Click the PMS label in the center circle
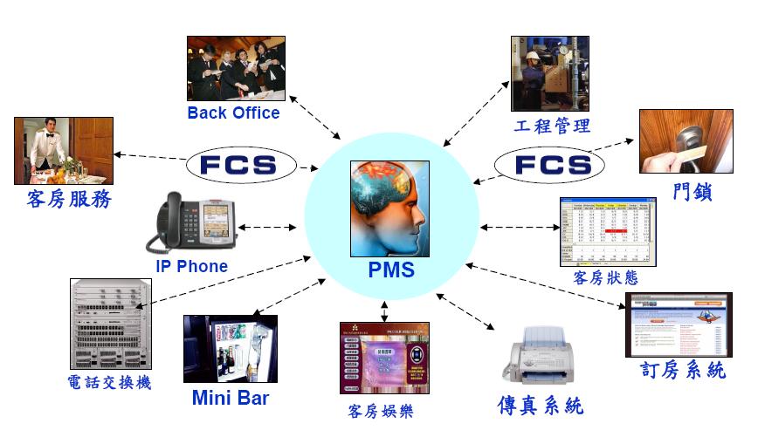(x=390, y=270)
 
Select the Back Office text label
(x=233, y=113)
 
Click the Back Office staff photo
(x=236, y=67)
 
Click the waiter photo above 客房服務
(x=64, y=150)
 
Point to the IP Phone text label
(x=191, y=266)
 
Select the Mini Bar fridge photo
(x=230, y=349)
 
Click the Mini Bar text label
(x=231, y=399)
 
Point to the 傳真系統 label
(x=540, y=406)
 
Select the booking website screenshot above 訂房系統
(x=679, y=324)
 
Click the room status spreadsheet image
(x=607, y=232)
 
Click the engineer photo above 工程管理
(x=549, y=73)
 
